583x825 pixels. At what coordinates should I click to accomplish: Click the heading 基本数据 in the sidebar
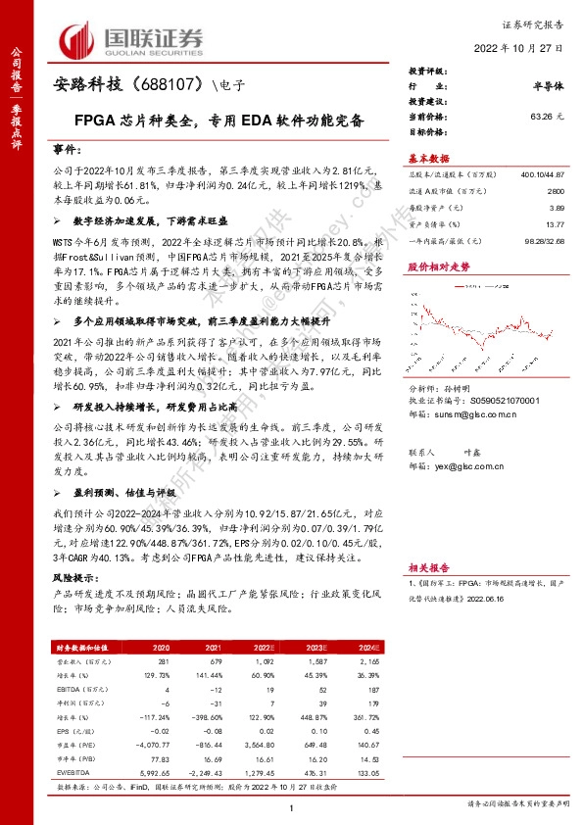click(428, 159)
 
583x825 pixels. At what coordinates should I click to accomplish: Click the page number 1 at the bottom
click(292, 806)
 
